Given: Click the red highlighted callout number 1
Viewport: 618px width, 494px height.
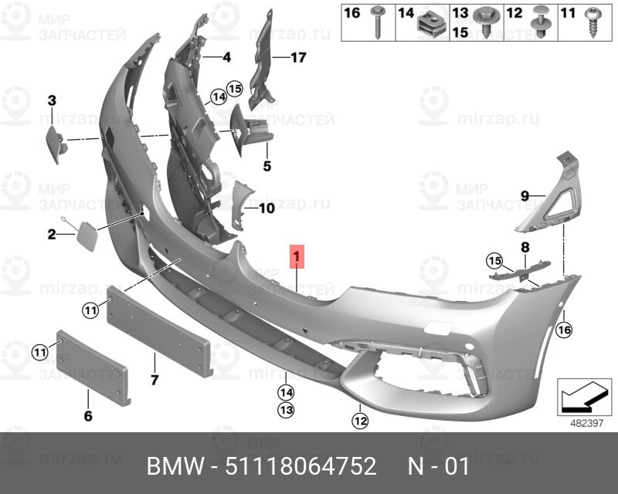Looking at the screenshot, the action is [x=297, y=256].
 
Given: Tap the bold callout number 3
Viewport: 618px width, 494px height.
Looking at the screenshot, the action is [x=52, y=101].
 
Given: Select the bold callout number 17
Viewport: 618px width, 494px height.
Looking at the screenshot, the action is [x=298, y=58].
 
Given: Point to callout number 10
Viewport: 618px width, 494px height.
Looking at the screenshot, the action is [x=267, y=208].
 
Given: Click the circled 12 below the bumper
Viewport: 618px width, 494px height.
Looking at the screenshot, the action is [x=360, y=421].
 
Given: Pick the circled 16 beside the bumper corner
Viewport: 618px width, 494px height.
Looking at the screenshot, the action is [x=564, y=330].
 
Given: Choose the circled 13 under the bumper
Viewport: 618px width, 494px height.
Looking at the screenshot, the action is [x=286, y=410].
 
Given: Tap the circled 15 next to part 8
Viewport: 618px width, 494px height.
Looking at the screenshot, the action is [x=494, y=261].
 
